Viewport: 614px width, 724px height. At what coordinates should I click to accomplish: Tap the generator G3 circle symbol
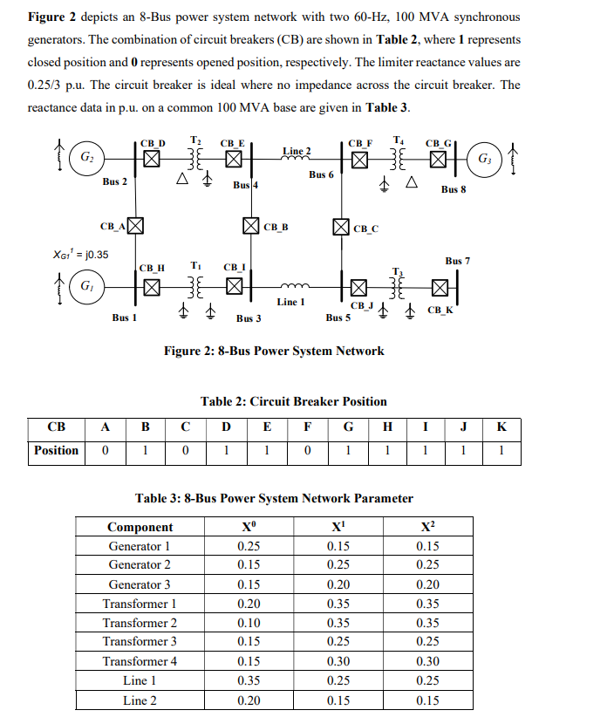tap(484, 160)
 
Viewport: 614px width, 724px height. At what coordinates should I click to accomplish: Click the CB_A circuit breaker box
tap(136, 226)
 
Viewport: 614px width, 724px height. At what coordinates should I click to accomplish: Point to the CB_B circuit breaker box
tap(250, 226)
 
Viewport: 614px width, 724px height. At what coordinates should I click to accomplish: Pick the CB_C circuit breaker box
tap(342, 226)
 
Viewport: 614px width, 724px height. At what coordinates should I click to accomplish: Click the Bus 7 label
tap(457, 261)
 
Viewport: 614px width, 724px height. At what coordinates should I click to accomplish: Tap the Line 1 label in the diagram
tap(290, 302)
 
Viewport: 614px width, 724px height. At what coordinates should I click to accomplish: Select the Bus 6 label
tap(321, 174)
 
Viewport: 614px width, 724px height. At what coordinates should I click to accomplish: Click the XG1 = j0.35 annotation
tap(81, 255)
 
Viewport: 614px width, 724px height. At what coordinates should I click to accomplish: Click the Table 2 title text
tap(294, 401)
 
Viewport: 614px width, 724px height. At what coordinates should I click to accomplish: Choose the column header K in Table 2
tap(501, 427)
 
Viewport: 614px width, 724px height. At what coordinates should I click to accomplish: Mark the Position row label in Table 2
tap(56, 451)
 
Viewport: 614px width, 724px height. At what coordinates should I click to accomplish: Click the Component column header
tap(140, 527)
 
